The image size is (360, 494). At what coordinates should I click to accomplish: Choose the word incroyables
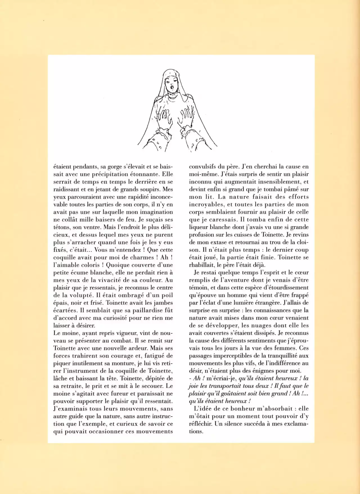click(206, 204)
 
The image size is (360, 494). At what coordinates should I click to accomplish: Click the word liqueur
click(199, 227)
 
